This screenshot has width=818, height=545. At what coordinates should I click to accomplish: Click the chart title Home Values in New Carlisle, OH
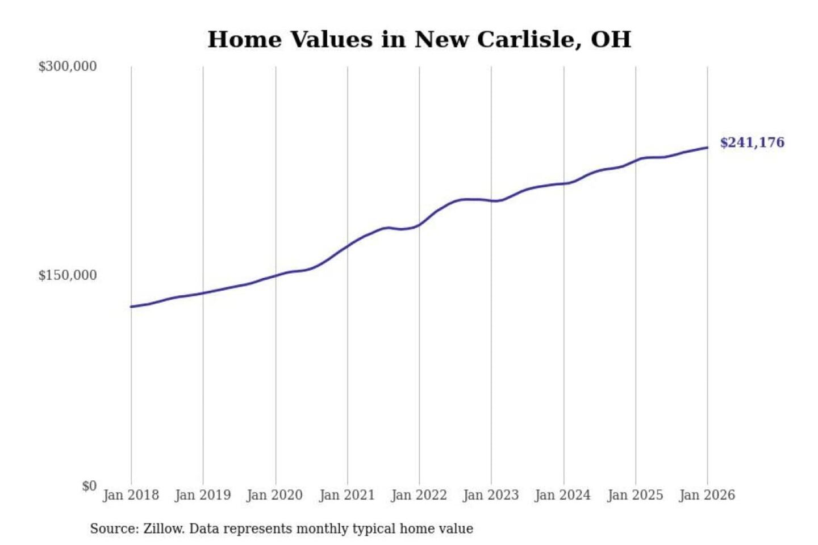click(419, 39)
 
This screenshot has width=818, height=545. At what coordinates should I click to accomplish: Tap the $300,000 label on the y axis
click(68, 66)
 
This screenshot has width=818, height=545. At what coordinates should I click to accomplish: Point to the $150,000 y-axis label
click(68, 275)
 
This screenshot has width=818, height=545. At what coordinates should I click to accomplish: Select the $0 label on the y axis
click(89, 486)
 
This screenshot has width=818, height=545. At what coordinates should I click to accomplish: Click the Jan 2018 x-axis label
click(131, 495)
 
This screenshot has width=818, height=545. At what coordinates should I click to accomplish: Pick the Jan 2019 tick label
click(203, 495)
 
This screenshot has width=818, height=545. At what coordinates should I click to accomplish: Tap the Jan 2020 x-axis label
click(275, 495)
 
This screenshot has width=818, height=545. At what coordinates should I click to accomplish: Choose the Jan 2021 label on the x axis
click(347, 495)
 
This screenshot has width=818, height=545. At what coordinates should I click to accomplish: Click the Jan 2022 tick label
click(419, 495)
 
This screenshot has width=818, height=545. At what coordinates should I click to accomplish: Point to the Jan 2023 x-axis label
click(491, 495)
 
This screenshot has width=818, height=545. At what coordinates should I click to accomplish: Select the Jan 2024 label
click(563, 495)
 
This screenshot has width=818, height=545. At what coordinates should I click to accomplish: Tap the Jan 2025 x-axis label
click(635, 495)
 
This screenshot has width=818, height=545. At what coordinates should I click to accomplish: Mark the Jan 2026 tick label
click(707, 495)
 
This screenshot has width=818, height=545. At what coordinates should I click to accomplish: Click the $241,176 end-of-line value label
click(752, 142)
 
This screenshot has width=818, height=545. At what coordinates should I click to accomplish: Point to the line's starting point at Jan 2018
click(131, 307)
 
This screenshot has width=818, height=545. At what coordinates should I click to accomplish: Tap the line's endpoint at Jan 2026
click(707, 148)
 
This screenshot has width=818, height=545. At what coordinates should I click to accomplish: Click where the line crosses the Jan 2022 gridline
click(419, 225)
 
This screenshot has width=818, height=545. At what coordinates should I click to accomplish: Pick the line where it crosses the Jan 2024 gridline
click(564, 183)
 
